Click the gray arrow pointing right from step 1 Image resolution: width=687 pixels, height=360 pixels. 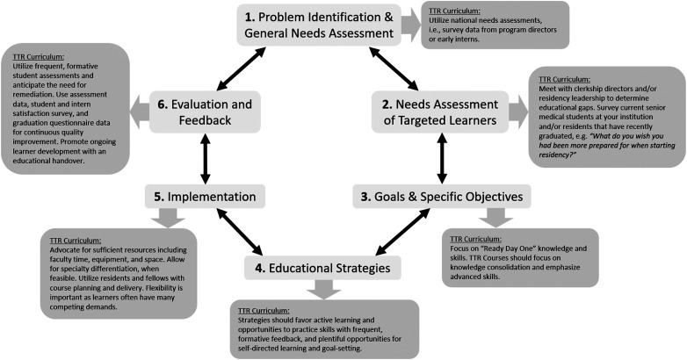click(x=410, y=24)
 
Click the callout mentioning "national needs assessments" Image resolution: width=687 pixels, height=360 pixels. click(x=495, y=24)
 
